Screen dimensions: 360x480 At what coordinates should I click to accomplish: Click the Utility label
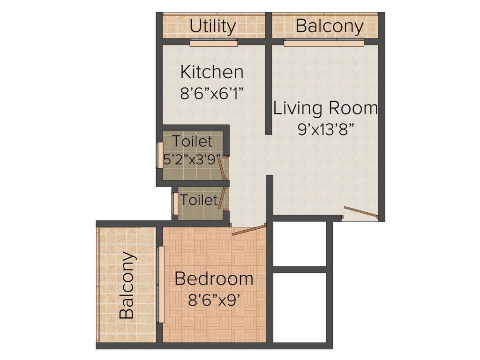(212, 26)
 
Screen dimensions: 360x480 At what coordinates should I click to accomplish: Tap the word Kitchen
(212, 72)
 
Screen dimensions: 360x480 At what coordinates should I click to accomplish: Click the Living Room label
(325, 108)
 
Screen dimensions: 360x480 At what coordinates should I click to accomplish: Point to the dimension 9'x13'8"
(325, 128)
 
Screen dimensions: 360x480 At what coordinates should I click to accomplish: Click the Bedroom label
(214, 279)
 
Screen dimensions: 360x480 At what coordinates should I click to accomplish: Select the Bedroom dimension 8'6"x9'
(214, 299)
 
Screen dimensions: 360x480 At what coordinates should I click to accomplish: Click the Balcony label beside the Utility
(330, 26)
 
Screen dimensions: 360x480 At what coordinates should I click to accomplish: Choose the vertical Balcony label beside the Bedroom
(127, 285)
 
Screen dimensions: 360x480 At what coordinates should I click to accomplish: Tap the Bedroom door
(249, 230)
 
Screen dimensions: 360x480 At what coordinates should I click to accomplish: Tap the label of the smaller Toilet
(199, 200)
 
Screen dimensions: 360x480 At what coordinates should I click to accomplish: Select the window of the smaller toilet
(175, 203)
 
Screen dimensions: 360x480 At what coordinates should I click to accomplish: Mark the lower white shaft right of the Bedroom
(300, 307)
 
